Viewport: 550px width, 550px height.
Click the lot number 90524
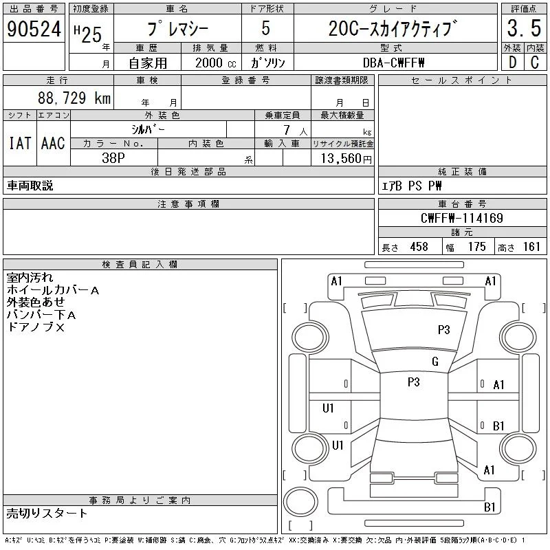[x=34, y=29]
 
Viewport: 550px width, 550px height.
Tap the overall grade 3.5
[x=524, y=28]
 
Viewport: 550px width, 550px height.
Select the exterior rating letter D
[x=512, y=63]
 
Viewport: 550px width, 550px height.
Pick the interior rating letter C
[x=535, y=63]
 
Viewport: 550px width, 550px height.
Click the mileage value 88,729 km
[x=74, y=98]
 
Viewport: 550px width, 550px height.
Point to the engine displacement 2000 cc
[x=215, y=63]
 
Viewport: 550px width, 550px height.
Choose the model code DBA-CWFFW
[x=393, y=63]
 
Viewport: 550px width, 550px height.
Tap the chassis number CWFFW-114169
[x=461, y=218]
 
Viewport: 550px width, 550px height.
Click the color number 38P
[x=113, y=158]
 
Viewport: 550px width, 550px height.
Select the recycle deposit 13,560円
[x=346, y=159]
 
